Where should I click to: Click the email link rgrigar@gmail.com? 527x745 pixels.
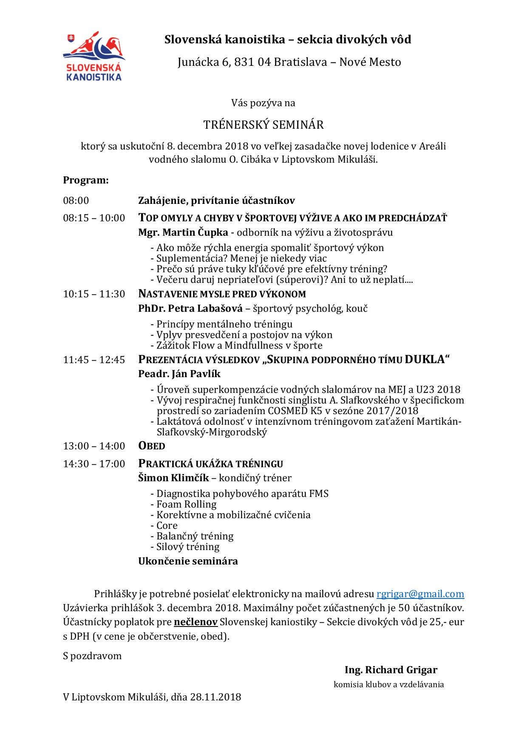pyautogui.click(x=420, y=594)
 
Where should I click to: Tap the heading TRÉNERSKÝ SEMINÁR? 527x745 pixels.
pyautogui.click(x=263, y=125)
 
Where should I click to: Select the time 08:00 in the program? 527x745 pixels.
pyautogui.click(x=76, y=200)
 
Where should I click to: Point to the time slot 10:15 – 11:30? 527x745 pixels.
pyautogui.click(x=94, y=294)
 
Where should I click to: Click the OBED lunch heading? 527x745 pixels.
pyautogui.click(x=152, y=446)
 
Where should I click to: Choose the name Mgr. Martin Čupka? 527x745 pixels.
pyautogui.click(x=183, y=232)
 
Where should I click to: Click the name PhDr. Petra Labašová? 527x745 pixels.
pyautogui.click(x=190, y=308)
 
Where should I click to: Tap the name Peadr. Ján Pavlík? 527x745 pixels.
pyautogui.click(x=179, y=374)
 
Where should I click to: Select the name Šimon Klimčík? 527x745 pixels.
pyautogui.click(x=173, y=478)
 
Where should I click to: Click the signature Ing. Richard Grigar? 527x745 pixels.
pyautogui.click(x=391, y=670)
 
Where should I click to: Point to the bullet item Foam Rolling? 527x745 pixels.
pyautogui.click(x=186, y=504)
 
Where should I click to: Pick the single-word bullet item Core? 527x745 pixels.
pyautogui.click(x=167, y=525)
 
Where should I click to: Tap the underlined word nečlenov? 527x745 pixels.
pyautogui.click(x=196, y=622)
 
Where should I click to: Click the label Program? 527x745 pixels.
pyautogui.click(x=86, y=180)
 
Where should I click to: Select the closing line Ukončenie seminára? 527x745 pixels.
pyautogui.click(x=188, y=561)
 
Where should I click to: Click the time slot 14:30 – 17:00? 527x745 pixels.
pyautogui.click(x=94, y=463)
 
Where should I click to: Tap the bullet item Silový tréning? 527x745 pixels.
pyautogui.click(x=188, y=547)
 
